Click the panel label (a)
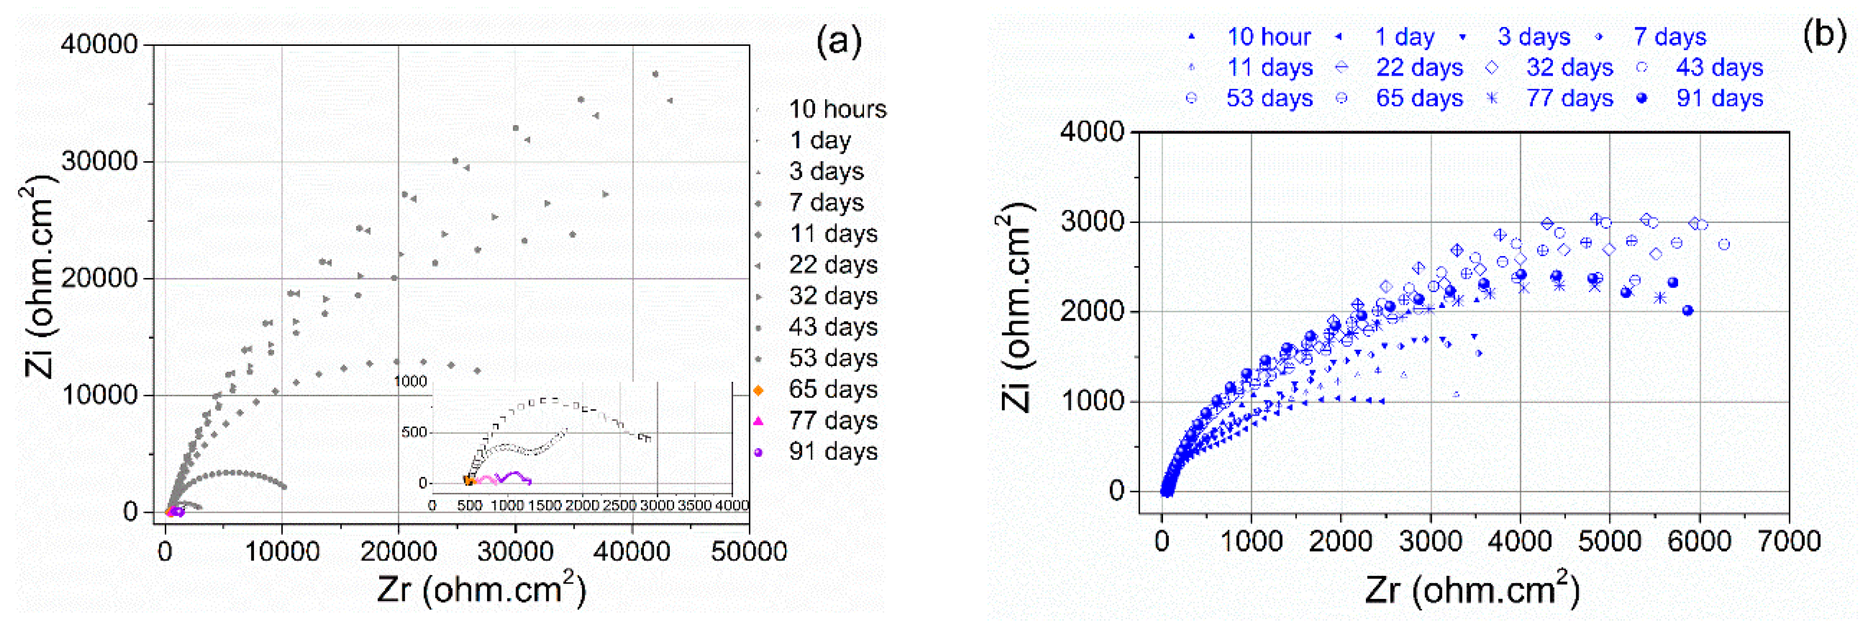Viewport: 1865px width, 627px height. (838, 41)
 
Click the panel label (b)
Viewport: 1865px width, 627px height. (1824, 34)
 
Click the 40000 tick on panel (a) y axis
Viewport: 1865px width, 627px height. (99, 44)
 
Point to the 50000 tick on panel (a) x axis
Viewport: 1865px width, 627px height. (748, 551)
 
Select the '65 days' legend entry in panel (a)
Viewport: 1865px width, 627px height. (832, 389)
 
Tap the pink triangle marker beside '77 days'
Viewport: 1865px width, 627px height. (758, 420)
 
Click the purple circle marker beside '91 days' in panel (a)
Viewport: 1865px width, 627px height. (758, 453)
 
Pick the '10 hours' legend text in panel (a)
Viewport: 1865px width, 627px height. (837, 109)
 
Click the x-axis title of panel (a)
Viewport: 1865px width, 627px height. (481, 589)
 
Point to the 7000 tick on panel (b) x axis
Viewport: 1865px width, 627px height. (1788, 541)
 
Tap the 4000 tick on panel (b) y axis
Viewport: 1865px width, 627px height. (1091, 132)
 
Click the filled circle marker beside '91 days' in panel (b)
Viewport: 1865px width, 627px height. (1641, 98)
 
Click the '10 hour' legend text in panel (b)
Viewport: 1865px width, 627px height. (1269, 37)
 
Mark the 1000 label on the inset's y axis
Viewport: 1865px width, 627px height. (410, 381)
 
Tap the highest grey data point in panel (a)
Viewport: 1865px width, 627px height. (655, 74)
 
